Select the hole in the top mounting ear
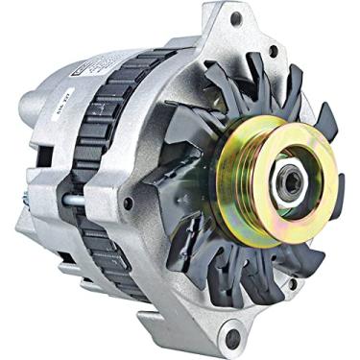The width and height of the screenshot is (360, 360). [234, 18]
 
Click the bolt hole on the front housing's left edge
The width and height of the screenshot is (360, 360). [128, 203]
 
